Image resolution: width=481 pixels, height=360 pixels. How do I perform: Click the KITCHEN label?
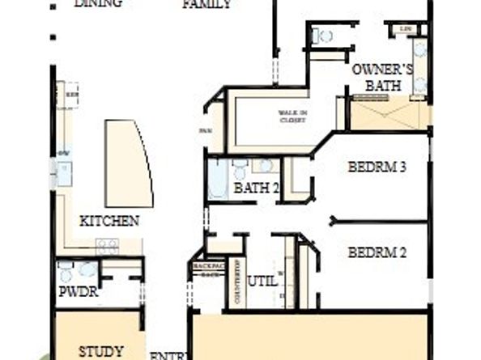coord(109,220)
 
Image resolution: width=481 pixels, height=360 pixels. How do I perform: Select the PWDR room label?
coord(79,292)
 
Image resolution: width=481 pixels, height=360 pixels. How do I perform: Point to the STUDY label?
coord(101,351)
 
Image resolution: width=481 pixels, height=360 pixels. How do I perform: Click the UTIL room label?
coord(262,282)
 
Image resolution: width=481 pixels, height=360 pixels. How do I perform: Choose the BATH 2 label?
coord(257,188)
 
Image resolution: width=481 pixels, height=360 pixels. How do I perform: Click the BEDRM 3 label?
coord(377,167)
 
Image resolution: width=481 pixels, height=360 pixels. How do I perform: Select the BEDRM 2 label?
coord(377,252)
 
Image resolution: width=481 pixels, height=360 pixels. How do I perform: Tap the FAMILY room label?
coord(206,4)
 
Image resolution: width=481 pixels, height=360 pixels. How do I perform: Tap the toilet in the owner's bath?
coord(326,36)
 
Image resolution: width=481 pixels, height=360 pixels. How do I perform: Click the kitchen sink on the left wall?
coord(64,172)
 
